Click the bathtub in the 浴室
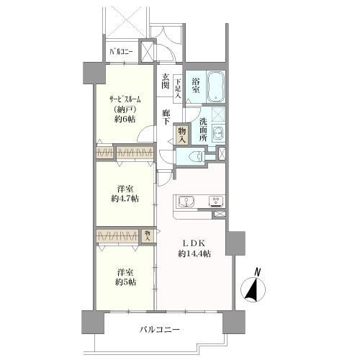point(216,86)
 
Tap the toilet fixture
point(196,157)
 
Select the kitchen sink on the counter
point(186,202)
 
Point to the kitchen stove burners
point(216,202)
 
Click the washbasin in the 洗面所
point(218,132)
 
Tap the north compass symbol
point(253,289)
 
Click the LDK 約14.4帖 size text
point(194,253)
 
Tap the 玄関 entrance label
point(165,81)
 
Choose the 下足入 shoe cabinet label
point(178,88)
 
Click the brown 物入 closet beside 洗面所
point(182,135)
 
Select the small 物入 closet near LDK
point(148,236)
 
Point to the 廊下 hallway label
point(165,117)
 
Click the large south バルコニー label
point(160,330)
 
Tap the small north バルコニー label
point(121,52)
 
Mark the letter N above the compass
point(258,272)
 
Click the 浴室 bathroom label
point(196,86)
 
